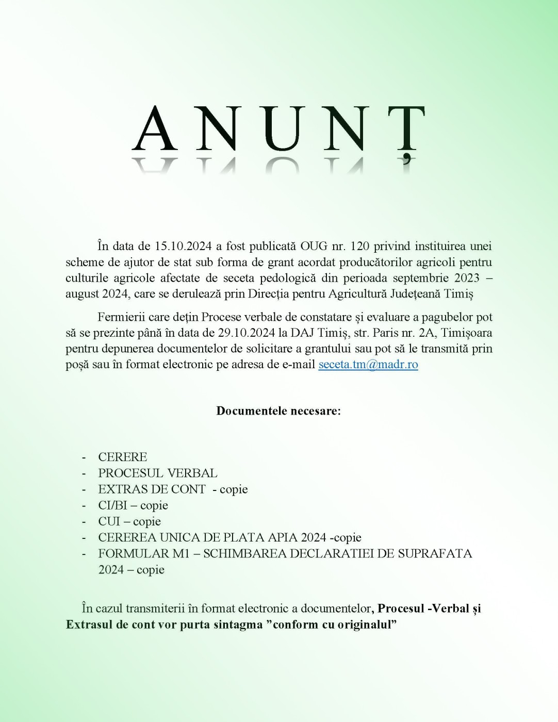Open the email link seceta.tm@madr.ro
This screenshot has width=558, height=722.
368,365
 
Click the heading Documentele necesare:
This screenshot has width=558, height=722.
278,411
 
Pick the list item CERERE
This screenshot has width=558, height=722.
123,457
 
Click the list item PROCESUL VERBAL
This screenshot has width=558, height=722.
158,473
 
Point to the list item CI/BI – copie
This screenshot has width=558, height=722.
133,505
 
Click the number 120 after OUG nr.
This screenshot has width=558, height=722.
359,246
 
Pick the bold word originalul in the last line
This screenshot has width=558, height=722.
365,625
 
